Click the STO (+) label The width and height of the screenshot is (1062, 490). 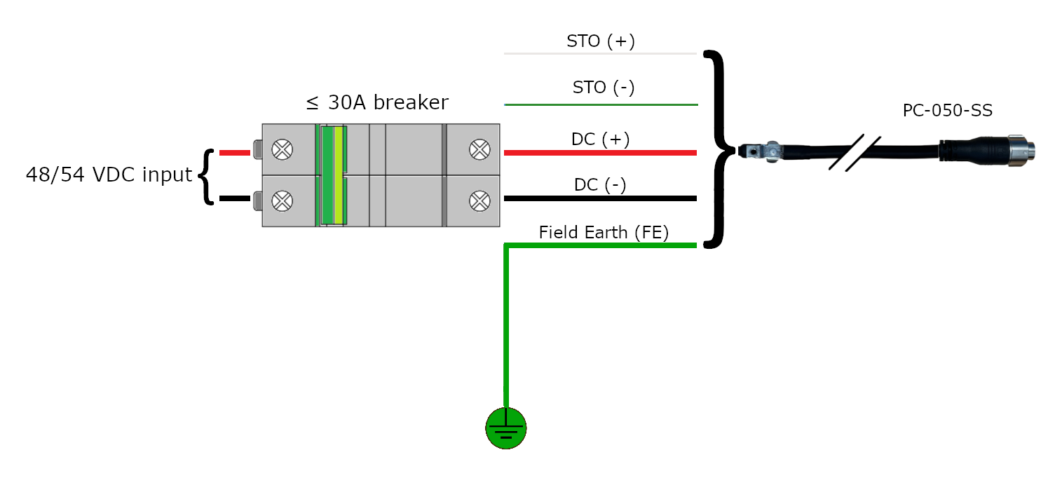tap(601, 41)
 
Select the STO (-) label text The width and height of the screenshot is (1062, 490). tap(604, 88)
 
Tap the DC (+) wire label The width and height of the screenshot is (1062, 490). tap(601, 139)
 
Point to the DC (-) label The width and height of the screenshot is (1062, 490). tap(600, 185)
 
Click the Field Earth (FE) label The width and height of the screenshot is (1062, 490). tap(604, 233)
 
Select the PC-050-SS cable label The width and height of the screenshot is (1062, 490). tap(947, 111)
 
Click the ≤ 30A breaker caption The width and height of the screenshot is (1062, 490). tap(377, 103)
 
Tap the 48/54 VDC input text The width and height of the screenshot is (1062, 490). tap(109, 175)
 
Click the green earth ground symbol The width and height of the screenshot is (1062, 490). tap(505, 427)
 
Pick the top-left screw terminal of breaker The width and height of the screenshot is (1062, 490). tap(282, 149)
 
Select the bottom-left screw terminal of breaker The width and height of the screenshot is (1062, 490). tap(282, 201)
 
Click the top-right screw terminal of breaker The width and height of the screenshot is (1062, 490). tap(479, 149)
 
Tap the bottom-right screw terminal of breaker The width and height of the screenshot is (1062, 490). tap(479, 201)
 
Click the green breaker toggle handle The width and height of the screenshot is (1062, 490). tap(333, 175)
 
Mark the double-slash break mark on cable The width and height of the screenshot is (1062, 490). tap(855, 152)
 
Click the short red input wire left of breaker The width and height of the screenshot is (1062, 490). tap(234, 152)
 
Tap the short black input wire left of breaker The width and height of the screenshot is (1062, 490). tap(234, 198)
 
